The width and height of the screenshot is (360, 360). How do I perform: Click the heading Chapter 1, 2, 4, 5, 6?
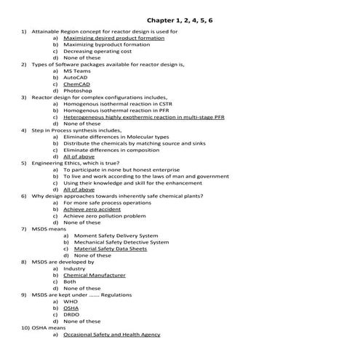[x=180, y=20]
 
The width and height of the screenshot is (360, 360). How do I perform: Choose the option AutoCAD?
[x=76, y=78]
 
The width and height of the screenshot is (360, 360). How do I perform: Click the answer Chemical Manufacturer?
[x=95, y=276]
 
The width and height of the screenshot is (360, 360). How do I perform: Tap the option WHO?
[x=71, y=301]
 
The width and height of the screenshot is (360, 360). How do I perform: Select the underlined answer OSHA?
[x=71, y=308]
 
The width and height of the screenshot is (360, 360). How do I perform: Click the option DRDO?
[x=71, y=314]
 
